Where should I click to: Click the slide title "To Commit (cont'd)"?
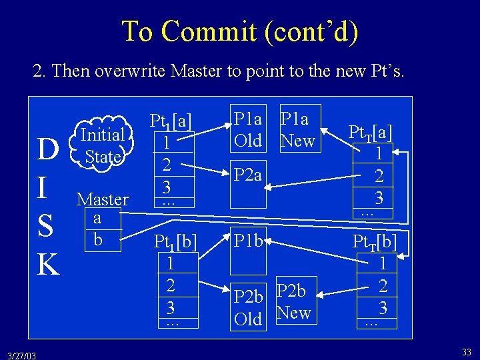[240, 31]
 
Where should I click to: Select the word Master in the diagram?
[103, 199]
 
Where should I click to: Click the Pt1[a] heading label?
[171, 121]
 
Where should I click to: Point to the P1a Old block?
[247, 129]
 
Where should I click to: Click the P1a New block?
[297, 129]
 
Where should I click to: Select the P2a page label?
[249, 175]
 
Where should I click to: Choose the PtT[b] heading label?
[375, 241]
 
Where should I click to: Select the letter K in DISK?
[48, 264]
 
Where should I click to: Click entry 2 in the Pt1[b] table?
[171, 285]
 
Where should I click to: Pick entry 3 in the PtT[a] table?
[379, 197]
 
